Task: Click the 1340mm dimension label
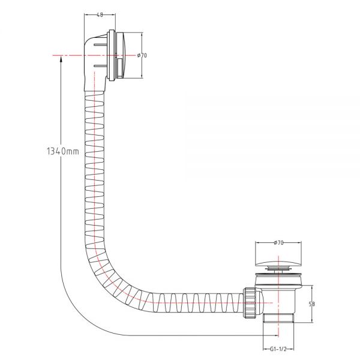(63, 151)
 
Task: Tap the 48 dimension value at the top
(100, 15)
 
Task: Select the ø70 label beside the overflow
(142, 55)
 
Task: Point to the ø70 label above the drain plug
(278, 242)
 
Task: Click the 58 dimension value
(312, 304)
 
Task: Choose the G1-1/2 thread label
(278, 349)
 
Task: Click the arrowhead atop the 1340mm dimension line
(61, 59)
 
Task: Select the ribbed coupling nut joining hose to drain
(250, 302)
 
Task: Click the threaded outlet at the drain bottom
(278, 318)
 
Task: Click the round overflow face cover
(122, 55)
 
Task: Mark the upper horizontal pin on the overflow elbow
(101, 45)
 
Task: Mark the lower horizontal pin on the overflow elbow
(101, 67)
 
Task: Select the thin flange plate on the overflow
(112, 55)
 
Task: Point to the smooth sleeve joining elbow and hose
(95, 85)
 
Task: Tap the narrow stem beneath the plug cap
(278, 269)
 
